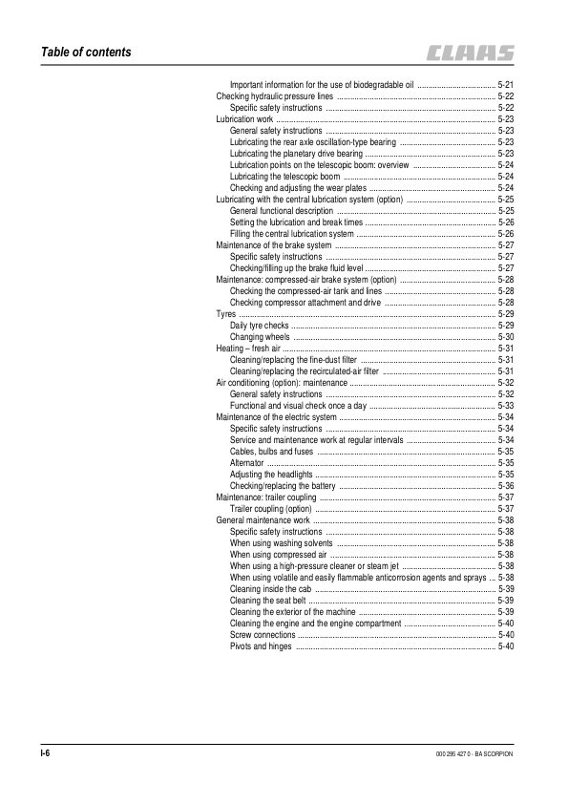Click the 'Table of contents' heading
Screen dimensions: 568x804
pyautogui.click(x=79, y=52)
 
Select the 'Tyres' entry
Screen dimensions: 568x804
pyautogui.click(x=226, y=314)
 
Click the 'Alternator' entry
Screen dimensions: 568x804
pyautogui.click(x=247, y=463)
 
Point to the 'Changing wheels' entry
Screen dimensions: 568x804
pyautogui.click(x=260, y=337)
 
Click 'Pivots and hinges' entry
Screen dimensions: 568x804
pyautogui.click(x=261, y=646)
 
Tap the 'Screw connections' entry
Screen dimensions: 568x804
pyautogui.click(x=263, y=635)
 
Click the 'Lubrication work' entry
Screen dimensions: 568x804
pyautogui.click(x=244, y=119)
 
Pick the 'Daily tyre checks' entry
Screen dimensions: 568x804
pyautogui.click(x=260, y=326)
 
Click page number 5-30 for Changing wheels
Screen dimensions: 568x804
pyautogui.click(x=506, y=337)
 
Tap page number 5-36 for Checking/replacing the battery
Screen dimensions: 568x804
pyautogui.click(x=506, y=486)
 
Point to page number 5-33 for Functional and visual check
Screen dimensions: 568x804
pyautogui.click(x=506, y=406)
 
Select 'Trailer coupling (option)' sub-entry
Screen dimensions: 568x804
pyautogui.click(x=272, y=509)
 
